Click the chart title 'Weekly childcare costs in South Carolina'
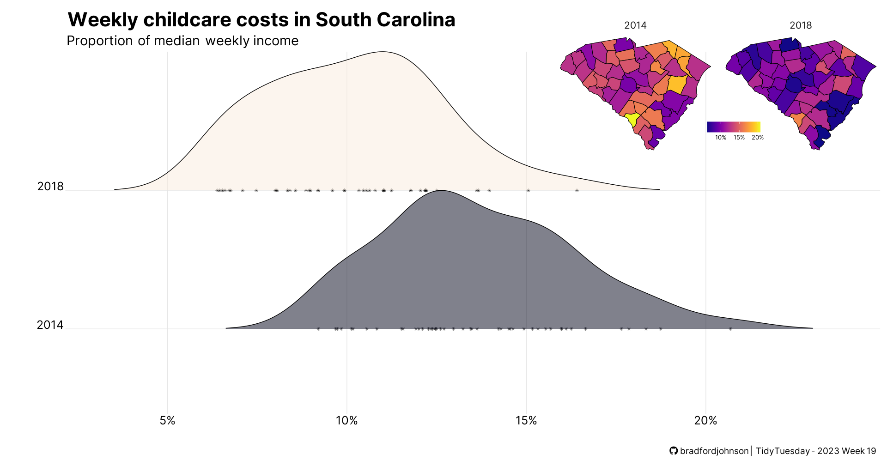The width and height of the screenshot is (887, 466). click(x=261, y=20)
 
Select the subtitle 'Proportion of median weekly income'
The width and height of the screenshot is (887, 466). click(x=182, y=41)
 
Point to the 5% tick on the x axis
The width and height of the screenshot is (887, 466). click(x=167, y=421)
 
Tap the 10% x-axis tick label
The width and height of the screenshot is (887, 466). click(x=346, y=421)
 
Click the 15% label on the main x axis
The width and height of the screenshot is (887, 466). click(x=526, y=421)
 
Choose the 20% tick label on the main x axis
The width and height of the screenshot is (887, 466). click(x=705, y=421)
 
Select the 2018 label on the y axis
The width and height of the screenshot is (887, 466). click(x=50, y=187)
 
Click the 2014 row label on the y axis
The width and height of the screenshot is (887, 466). click(x=50, y=325)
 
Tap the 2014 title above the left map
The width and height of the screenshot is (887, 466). click(x=635, y=25)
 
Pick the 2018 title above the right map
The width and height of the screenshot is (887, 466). click(x=801, y=25)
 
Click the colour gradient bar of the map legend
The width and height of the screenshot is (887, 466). click(x=733, y=127)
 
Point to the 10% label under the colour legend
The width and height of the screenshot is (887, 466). click(x=721, y=138)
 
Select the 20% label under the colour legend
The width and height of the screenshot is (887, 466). click(x=758, y=138)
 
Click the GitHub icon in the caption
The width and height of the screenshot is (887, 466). click(x=674, y=451)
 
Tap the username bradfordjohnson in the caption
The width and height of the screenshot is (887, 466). click(x=714, y=451)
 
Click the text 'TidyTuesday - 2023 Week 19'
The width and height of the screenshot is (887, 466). click(x=816, y=451)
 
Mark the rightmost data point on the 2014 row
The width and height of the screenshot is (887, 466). click(x=730, y=329)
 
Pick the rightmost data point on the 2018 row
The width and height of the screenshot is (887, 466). click(x=577, y=190)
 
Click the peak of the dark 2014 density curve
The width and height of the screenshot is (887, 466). click(x=441, y=191)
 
